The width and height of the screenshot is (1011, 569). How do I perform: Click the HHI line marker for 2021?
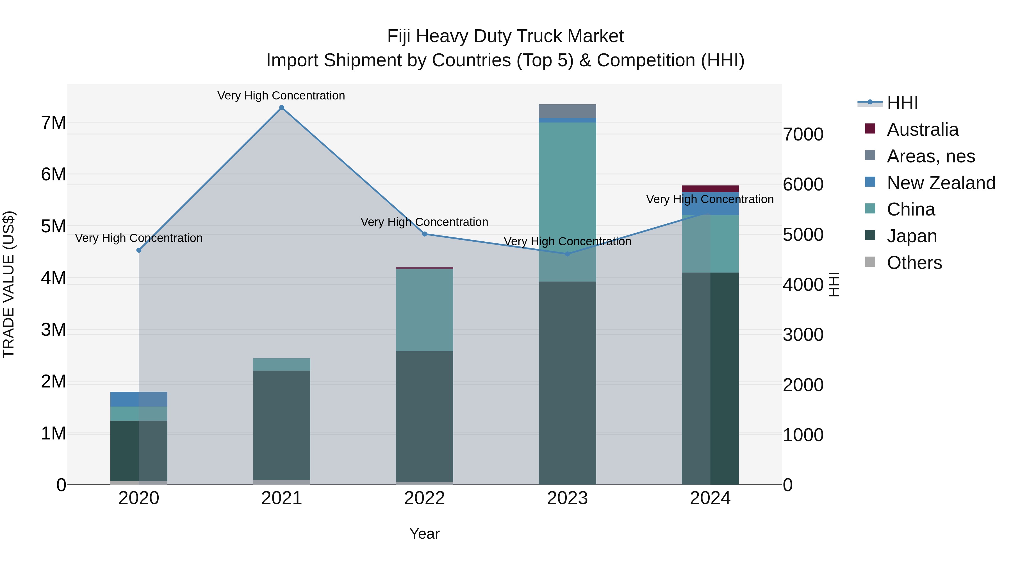pyautogui.click(x=281, y=108)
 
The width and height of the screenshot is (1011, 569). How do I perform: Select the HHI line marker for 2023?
pyautogui.click(x=567, y=254)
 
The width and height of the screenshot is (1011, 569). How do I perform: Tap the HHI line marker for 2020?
pyautogui.click(x=138, y=250)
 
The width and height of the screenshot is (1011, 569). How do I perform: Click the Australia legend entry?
pyautogui.click(x=922, y=130)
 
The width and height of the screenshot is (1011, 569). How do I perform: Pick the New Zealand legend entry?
pyautogui.click(x=941, y=183)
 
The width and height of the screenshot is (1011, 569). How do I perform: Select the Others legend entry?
pyautogui.click(x=914, y=263)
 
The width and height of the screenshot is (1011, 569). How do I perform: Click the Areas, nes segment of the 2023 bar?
pyautogui.click(x=567, y=111)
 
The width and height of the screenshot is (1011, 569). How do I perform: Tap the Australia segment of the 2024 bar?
pyautogui.click(x=710, y=189)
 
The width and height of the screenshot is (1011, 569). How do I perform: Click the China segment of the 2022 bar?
pyautogui.click(x=424, y=310)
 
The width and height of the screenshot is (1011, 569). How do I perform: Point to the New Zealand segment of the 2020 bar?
pyautogui.click(x=138, y=399)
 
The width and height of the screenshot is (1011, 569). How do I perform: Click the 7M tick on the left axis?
pyautogui.click(x=54, y=123)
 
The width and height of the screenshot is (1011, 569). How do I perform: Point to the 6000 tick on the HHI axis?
pyautogui.click(x=803, y=185)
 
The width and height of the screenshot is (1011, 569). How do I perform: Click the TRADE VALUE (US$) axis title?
pyautogui.click(x=9, y=284)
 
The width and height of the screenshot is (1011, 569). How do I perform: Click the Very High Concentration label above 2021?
pyautogui.click(x=281, y=96)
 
